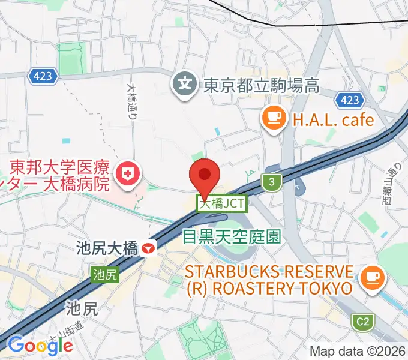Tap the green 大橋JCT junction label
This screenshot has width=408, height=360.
(x=222, y=204)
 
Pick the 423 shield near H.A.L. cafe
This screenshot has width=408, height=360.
(x=349, y=99)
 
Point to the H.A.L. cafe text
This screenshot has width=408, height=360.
(x=332, y=119)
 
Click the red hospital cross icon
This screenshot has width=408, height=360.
(x=127, y=175)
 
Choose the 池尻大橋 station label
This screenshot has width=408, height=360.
(x=107, y=248)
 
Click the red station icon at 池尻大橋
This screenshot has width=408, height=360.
(x=148, y=248)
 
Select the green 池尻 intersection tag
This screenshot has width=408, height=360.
(x=105, y=275)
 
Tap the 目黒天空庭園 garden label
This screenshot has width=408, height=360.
(x=232, y=237)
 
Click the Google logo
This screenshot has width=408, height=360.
(x=40, y=345)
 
